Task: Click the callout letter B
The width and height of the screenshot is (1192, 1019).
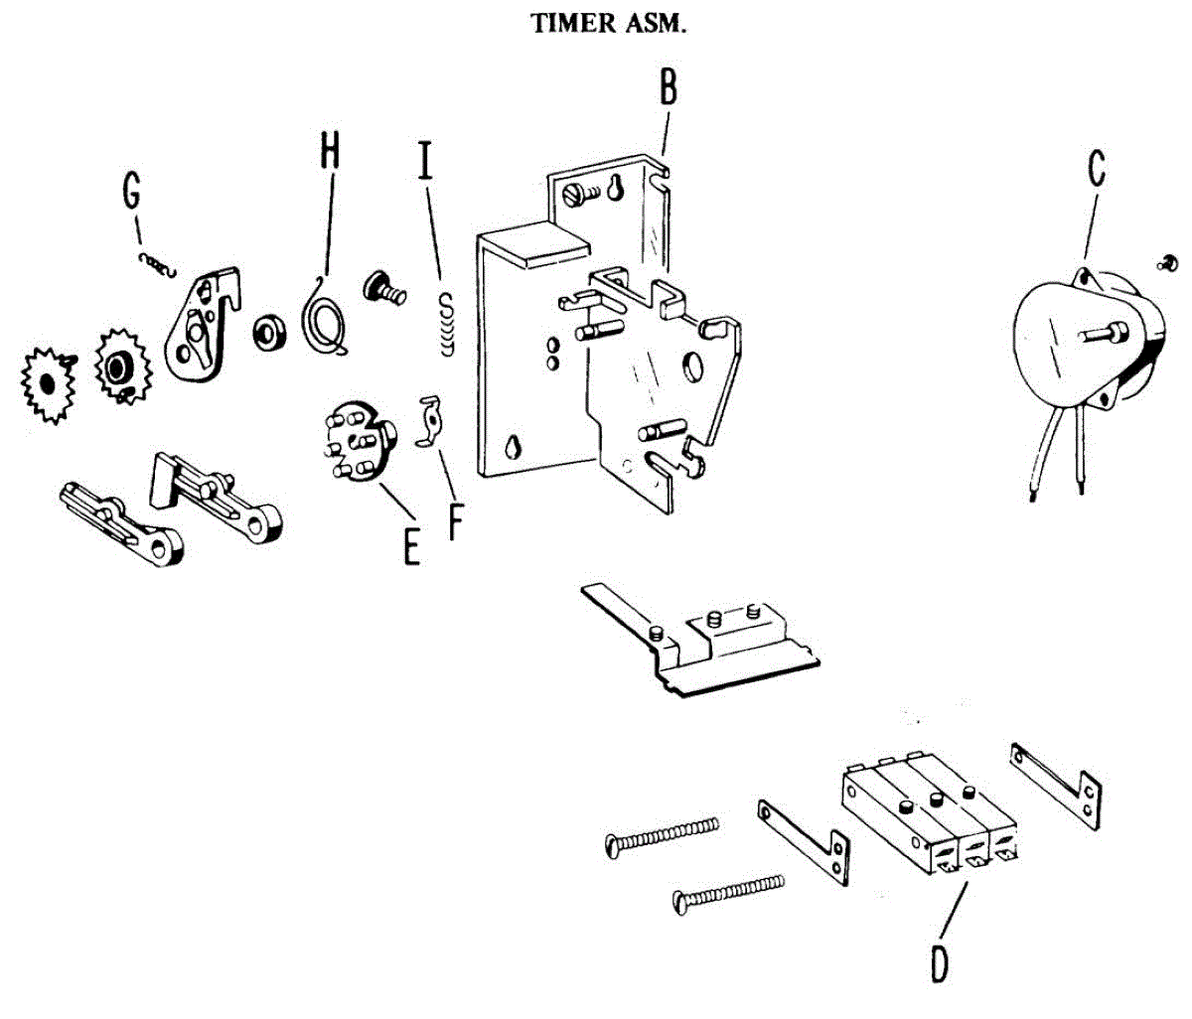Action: pos(669,87)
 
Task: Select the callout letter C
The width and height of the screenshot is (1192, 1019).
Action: pos(1095,168)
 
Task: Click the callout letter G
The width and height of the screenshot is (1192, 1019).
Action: pos(130,192)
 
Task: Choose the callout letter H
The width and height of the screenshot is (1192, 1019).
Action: pos(330,151)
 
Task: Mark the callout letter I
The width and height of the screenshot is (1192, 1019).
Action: pos(426,159)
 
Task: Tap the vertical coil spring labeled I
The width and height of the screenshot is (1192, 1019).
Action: pos(447,322)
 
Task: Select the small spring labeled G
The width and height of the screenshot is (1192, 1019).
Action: pos(156,261)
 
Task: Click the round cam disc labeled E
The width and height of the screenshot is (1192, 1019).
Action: pos(358,443)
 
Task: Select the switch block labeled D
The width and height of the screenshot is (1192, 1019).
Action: pos(932,816)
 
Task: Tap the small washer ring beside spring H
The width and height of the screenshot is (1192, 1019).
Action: pos(268,332)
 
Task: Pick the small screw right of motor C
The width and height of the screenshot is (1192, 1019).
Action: pos(1169,262)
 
